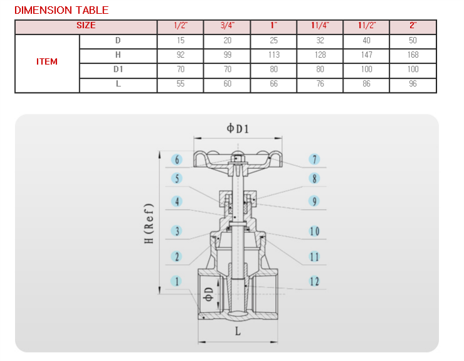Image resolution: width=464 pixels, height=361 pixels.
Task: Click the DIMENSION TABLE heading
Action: [x=61, y=11]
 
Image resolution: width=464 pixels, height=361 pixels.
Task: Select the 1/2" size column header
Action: [x=180, y=26]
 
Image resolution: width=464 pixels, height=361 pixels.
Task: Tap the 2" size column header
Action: [x=413, y=26]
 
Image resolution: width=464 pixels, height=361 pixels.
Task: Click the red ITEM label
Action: [x=47, y=62]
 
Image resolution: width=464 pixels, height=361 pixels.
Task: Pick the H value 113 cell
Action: [x=274, y=55]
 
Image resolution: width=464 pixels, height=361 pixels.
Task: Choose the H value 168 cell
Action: [x=413, y=55]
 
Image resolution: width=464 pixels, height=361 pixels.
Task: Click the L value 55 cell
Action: [x=180, y=84]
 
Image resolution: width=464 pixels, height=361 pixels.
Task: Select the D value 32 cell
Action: [x=320, y=40]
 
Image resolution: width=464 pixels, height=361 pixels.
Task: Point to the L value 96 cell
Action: [x=413, y=84]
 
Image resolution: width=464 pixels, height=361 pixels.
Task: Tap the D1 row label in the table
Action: [x=118, y=69]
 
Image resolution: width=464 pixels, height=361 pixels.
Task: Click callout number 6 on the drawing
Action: [x=177, y=159]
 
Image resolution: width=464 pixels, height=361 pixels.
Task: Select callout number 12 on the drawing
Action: [x=314, y=281]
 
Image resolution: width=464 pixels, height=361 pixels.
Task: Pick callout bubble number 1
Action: [x=177, y=281]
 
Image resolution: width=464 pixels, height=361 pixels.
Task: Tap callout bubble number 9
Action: [x=314, y=202]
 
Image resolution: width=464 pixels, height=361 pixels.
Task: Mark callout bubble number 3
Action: [x=177, y=231]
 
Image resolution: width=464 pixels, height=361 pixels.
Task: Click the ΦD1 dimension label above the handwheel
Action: [x=238, y=129]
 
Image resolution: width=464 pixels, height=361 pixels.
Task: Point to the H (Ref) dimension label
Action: [x=149, y=224]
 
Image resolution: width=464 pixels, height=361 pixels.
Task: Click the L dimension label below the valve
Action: [x=238, y=331]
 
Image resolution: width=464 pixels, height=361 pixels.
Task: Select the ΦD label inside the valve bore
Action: [x=209, y=294]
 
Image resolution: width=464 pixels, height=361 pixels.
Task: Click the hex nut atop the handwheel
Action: [x=238, y=159]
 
